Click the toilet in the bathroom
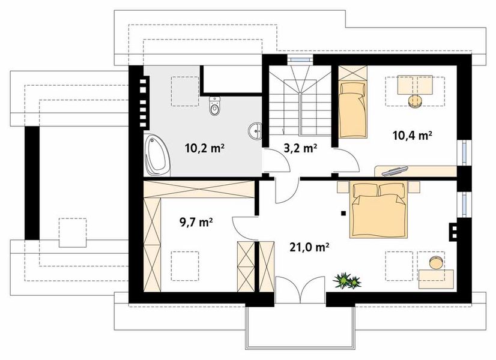tap(214, 106)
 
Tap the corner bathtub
tap(157, 155)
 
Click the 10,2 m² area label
tap(205, 148)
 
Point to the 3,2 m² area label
tap(300, 148)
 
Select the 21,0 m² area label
tap(309, 247)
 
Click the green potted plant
tap(347, 280)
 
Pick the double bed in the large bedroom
tap(378, 210)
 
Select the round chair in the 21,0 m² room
tap(437, 262)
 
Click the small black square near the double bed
tap(343, 214)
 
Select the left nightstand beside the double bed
tap(343, 187)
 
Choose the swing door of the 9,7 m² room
tap(245, 228)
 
